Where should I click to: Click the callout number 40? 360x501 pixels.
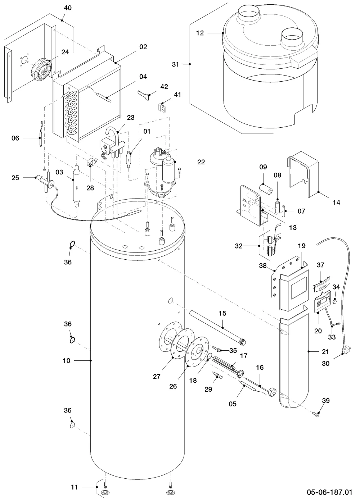(x=68, y=8)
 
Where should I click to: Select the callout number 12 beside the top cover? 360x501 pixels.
(x=200, y=33)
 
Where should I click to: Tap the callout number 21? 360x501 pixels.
(x=325, y=352)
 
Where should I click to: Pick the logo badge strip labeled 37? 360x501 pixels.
(x=321, y=284)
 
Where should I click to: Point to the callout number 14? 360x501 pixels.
(x=336, y=202)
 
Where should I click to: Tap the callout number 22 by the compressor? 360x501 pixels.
(x=201, y=162)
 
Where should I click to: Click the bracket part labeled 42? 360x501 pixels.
(x=144, y=95)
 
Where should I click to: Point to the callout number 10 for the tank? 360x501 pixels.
(x=67, y=360)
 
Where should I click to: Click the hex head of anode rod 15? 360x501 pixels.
(x=243, y=342)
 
